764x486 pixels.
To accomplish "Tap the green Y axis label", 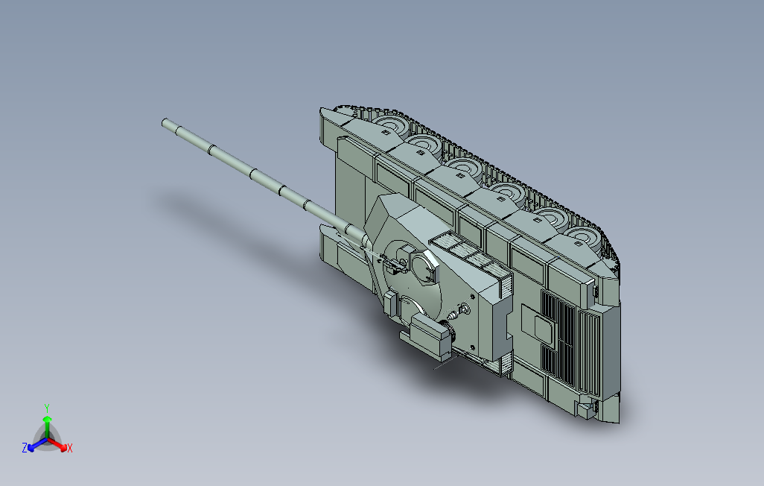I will pyautogui.click(x=46, y=408).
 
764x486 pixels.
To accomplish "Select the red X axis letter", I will pyautogui.click(x=69, y=448).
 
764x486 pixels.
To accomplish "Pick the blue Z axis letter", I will pyautogui.click(x=25, y=448).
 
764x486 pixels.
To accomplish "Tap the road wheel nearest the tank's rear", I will pyautogui.click(x=581, y=240).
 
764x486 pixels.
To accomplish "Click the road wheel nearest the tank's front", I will pyautogui.click(x=390, y=124).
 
